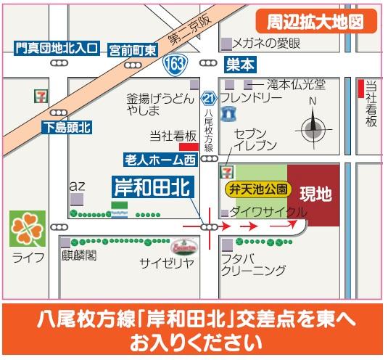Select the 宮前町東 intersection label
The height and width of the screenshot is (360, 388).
(133, 50)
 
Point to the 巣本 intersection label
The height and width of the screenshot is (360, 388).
(240, 64)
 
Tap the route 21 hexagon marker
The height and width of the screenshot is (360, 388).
(210, 98)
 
